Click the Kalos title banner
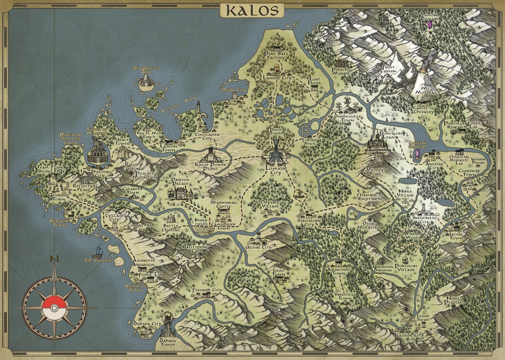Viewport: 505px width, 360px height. [252, 10]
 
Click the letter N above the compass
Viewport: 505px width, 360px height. [54, 259]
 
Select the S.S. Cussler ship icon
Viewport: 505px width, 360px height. [97, 251]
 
